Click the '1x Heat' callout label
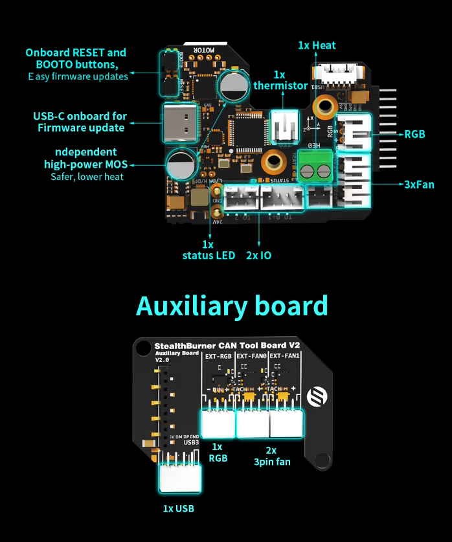[x=317, y=45]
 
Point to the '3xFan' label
[x=420, y=184]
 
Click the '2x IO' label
[x=259, y=255]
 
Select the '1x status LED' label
[x=208, y=250]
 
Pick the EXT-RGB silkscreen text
[x=218, y=356]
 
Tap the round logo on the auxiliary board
[x=318, y=396]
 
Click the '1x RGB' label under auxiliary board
[x=217, y=452]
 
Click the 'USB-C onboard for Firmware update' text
[x=80, y=122]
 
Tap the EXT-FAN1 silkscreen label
[x=285, y=356]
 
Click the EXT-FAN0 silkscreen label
[x=251, y=356]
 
